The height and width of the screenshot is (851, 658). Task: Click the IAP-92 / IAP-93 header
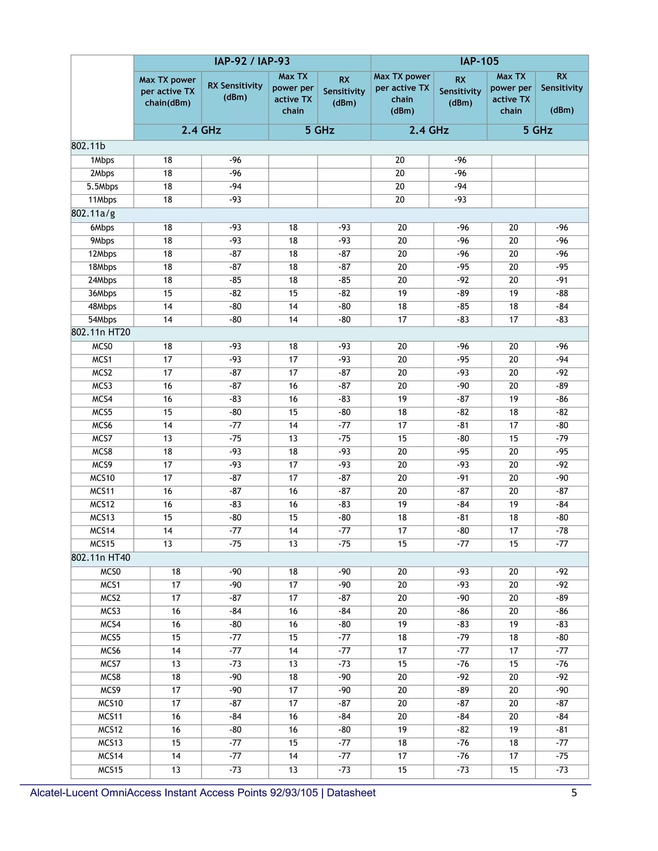point(252,62)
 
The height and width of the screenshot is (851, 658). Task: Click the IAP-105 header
point(479,62)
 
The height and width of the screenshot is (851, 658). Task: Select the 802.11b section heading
point(88,146)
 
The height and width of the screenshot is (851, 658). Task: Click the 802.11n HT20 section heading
point(101,332)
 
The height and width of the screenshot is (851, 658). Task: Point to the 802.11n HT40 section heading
point(101,557)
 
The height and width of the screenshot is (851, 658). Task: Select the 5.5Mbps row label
point(102,187)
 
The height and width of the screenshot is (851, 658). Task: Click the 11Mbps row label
point(102,200)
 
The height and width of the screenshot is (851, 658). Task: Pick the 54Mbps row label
point(102,320)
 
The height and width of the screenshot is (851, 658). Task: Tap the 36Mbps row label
point(102,294)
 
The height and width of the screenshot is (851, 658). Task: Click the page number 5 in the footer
point(574,793)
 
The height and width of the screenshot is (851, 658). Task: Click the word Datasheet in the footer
point(351,793)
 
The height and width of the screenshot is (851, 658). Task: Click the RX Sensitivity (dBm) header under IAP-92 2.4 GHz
point(235,91)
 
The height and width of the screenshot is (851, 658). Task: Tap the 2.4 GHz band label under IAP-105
point(429,130)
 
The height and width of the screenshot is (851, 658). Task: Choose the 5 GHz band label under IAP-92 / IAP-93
point(320,130)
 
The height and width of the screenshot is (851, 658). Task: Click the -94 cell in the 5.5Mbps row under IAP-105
point(460,187)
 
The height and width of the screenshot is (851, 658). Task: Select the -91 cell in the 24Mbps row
point(562,280)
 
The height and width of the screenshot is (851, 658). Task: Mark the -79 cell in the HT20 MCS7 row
point(562,439)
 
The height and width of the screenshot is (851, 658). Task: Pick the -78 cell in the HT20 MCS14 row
point(562,531)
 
